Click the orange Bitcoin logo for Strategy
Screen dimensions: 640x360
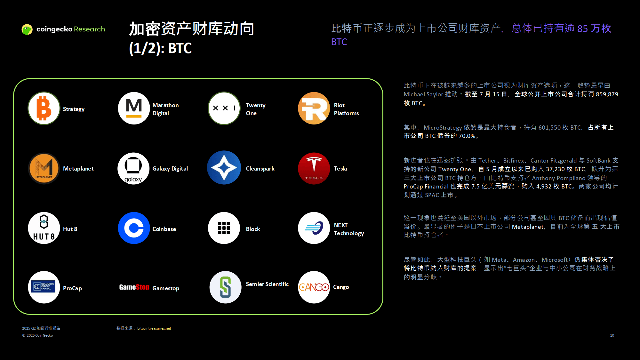(x=44, y=108)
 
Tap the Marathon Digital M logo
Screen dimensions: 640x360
(x=134, y=108)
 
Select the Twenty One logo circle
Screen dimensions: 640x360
(x=224, y=108)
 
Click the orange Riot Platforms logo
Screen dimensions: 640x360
(x=314, y=108)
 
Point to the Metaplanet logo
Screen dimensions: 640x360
(x=44, y=168)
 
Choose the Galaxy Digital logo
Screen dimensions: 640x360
(x=134, y=168)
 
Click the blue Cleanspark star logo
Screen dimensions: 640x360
(x=224, y=168)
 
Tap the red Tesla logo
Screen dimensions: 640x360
(x=314, y=168)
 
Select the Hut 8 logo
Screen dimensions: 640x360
(x=44, y=228)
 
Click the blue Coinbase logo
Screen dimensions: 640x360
(x=134, y=228)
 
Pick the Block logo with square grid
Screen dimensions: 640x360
(x=224, y=228)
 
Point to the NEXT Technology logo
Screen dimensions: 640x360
(x=314, y=228)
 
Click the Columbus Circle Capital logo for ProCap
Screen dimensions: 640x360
(x=44, y=287)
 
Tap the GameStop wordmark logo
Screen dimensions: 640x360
(x=134, y=287)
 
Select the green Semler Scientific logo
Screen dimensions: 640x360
(x=225, y=287)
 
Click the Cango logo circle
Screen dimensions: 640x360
(x=314, y=287)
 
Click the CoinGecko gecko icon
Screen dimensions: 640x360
(x=27, y=29)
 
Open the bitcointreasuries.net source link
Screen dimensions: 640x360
(x=154, y=328)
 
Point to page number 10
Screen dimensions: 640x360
(x=612, y=335)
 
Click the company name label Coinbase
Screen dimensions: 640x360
(x=164, y=229)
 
